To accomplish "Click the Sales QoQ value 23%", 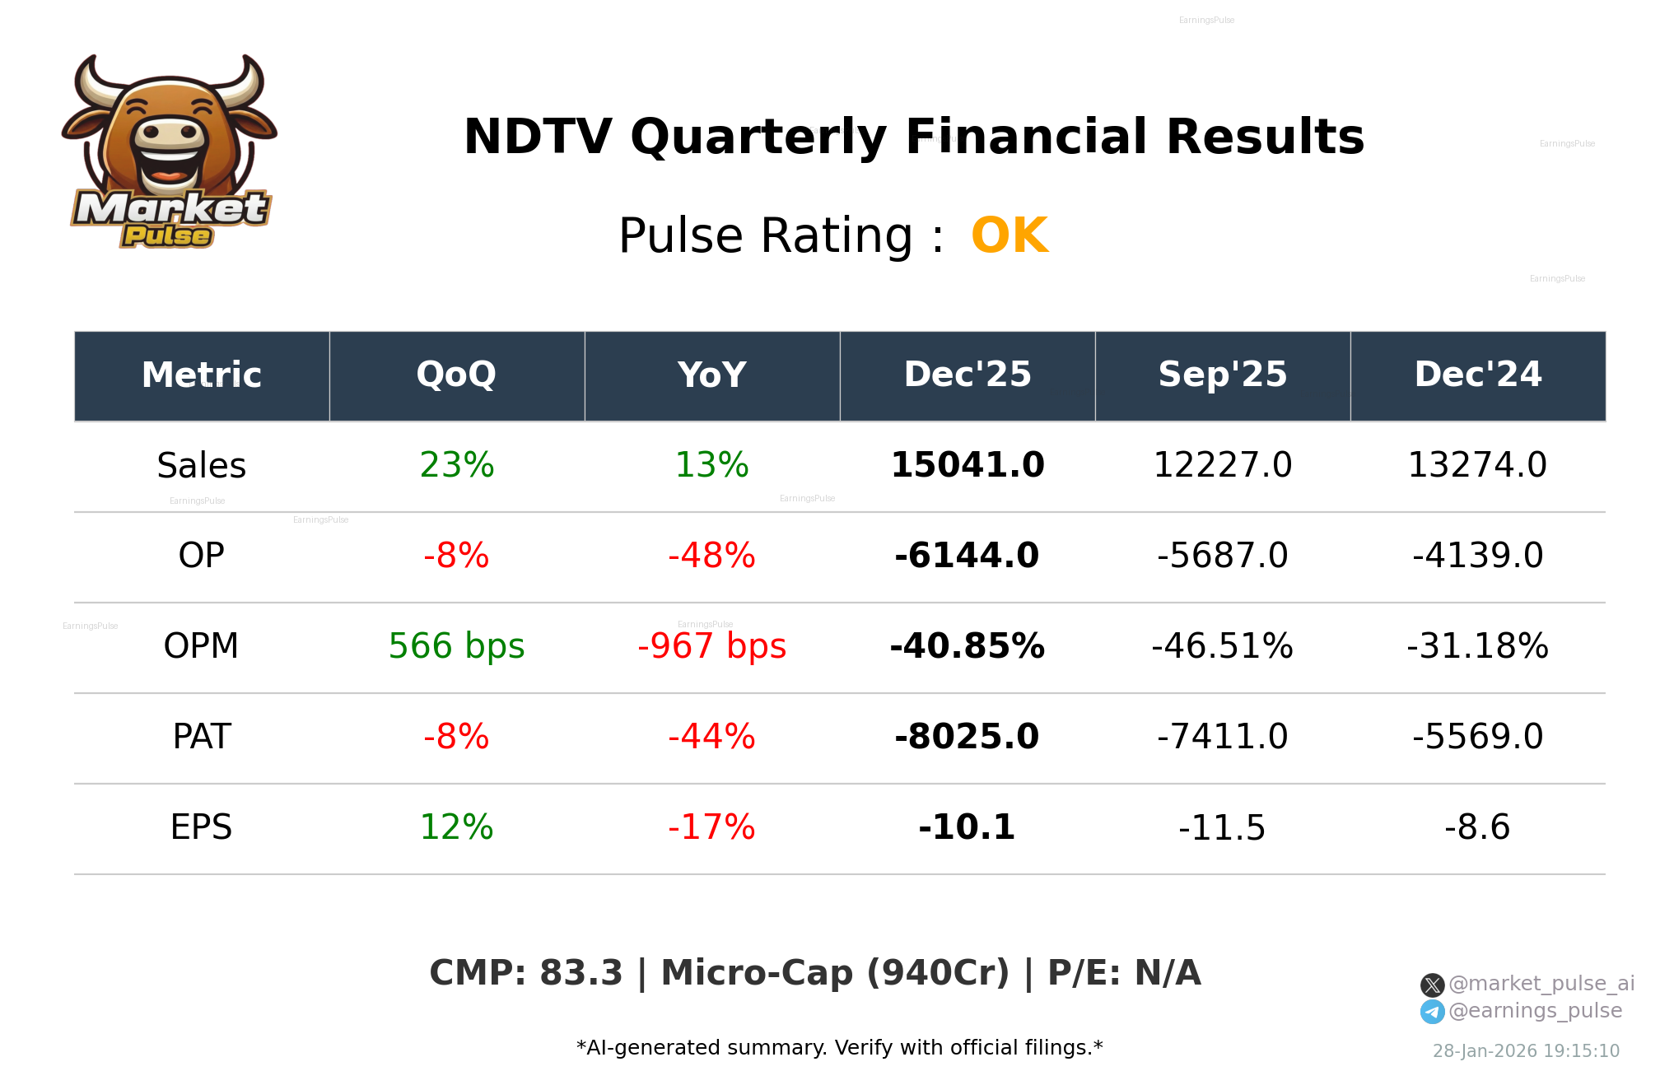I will pos(457,465).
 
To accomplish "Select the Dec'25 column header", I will pos(968,375).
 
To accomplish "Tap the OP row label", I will pos(202,556).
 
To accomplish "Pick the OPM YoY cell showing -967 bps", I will pos(712,646).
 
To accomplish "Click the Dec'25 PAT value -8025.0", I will pos(968,737).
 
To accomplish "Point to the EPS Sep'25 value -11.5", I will pos(1222,827).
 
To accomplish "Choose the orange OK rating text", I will pos(1010,236).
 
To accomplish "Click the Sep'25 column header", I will pos(1223,375).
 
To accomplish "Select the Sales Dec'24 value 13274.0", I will pos(1477,465).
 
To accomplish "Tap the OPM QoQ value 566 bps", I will pos(457,646).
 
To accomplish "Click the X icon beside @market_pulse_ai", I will pos(1432,985).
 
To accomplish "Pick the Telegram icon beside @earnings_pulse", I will pos(1432,1012).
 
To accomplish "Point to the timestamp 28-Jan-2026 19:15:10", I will pos(1526,1051).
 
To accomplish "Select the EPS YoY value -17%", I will pos(712,827).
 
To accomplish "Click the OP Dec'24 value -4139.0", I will pos(1477,556).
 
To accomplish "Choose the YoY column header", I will pos(712,375).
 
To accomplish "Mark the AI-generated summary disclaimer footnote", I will pos(839,1048).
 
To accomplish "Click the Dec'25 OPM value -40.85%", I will pos(968,646).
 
